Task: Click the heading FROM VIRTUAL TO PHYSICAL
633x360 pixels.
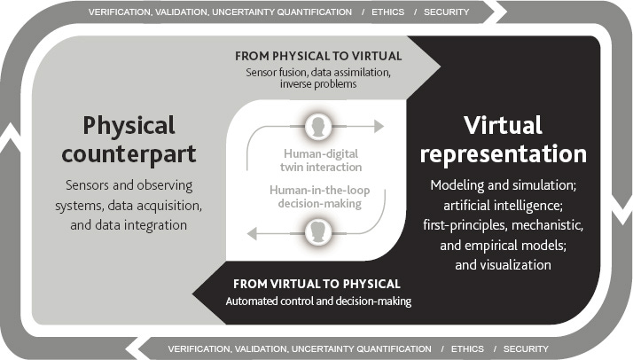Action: coord(316,284)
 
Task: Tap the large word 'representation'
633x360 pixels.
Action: coord(504,153)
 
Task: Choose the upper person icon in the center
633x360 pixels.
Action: coord(316,126)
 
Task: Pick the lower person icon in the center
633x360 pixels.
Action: coord(316,234)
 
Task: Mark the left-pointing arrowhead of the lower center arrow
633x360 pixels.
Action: coord(252,234)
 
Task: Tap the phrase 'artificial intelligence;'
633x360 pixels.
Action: coord(503,206)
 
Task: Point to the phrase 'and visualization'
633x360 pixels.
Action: coord(503,264)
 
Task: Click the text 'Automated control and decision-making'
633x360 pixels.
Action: coord(316,301)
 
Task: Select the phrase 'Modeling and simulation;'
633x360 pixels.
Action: coord(503,186)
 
